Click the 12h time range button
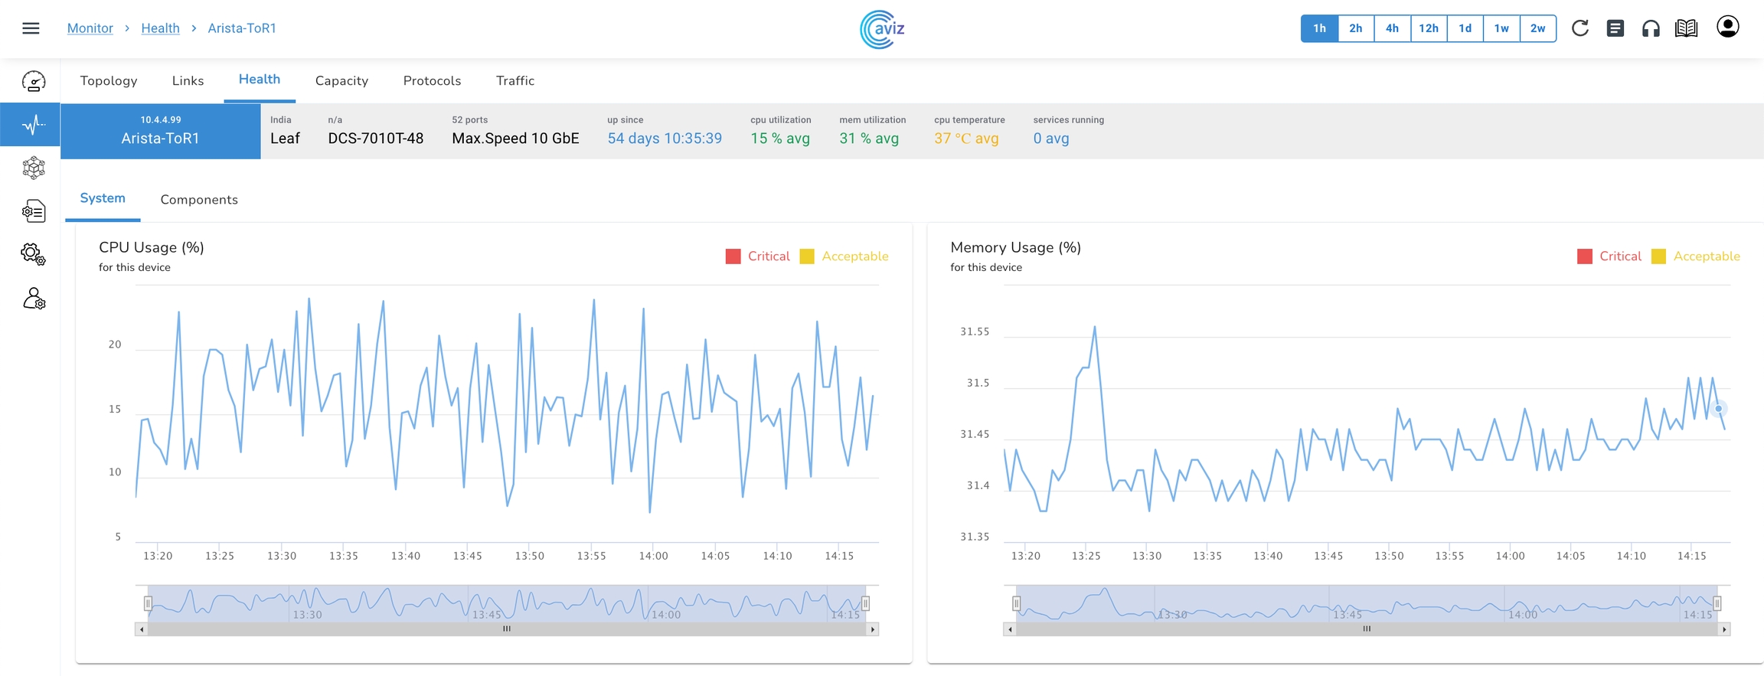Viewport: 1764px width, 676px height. pos(1428,28)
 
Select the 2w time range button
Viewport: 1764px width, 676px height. pos(1537,28)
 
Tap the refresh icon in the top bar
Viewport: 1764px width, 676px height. pos(1579,28)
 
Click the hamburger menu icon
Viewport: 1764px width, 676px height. pos(31,28)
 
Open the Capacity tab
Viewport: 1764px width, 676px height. pos(341,80)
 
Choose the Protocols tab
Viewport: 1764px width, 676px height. pos(432,80)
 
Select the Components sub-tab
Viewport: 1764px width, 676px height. pos(199,200)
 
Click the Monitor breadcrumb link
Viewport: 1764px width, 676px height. pos(90,28)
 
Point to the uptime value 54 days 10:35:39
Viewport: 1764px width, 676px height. pos(665,139)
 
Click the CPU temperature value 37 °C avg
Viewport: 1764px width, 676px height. pos(966,139)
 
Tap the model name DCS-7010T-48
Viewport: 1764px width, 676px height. pos(375,139)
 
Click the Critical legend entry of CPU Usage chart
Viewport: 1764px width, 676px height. pos(758,256)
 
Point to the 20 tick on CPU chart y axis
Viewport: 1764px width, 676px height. pos(115,345)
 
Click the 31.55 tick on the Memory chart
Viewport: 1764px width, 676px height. pos(975,331)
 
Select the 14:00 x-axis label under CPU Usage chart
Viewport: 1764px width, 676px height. pos(653,556)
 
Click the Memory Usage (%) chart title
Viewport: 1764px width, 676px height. pos(1015,247)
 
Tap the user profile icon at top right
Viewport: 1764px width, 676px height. pos(1727,27)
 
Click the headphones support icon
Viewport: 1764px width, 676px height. pos(1651,29)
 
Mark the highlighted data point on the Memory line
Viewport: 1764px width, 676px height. pos(1719,409)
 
